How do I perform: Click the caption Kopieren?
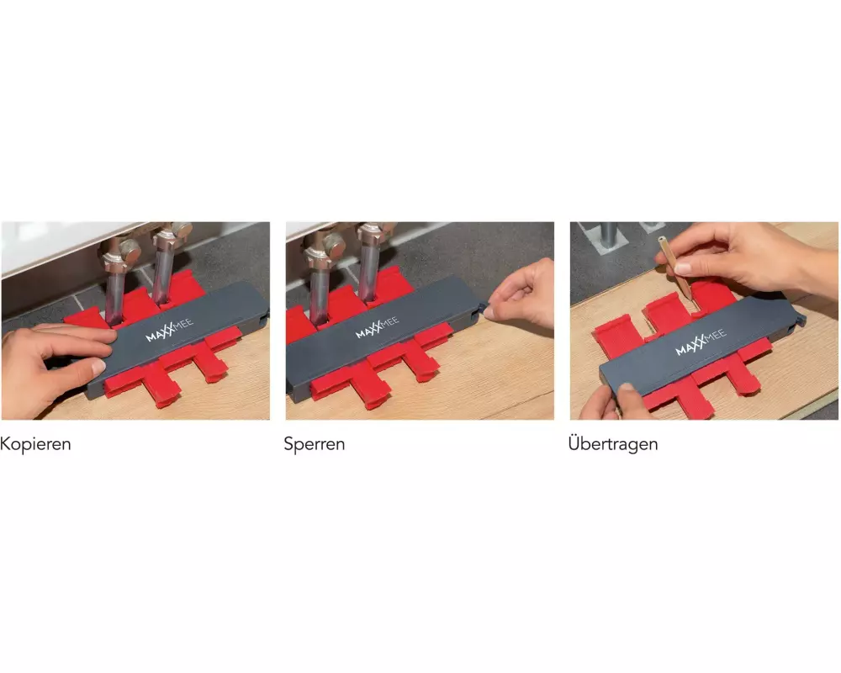(x=35, y=444)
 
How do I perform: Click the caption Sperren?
(x=315, y=444)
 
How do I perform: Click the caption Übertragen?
(x=613, y=443)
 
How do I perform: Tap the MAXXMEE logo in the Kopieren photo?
(x=169, y=330)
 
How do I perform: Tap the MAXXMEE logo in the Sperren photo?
(x=377, y=327)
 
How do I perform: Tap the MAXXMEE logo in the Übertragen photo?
(x=701, y=342)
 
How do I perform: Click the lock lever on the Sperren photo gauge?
(x=480, y=310)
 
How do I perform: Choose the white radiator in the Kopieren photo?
(x=65, y=246)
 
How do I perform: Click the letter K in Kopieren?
(x=5, y=444)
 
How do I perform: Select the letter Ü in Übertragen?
(x=574, y=442)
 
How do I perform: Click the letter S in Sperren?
(x=289, y=444)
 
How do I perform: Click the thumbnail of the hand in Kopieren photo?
(x=98, y=367)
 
